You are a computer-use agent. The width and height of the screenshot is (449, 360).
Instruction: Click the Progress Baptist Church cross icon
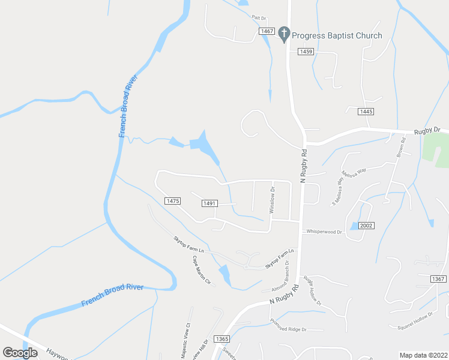tap(285, 35)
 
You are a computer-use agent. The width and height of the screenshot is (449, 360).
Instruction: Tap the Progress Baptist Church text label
tap(337, 35)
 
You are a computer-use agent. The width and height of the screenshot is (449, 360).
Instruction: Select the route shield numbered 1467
tap(267, 31)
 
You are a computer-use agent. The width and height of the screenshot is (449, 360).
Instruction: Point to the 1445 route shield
tap(366, 112)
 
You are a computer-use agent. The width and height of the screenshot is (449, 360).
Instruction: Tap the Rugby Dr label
tap(427, 130)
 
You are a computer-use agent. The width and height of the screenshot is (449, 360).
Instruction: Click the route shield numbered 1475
tap(172, 201)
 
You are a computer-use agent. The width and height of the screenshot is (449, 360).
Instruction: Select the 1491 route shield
tap(209, 204)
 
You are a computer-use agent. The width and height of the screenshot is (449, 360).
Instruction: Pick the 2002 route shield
tap(367, 226)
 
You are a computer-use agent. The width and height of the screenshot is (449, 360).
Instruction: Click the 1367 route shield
tap(439, 279)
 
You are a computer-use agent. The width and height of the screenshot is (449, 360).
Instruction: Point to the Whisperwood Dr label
tap(324, 231)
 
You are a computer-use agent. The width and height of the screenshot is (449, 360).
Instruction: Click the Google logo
tap(20, 353)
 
